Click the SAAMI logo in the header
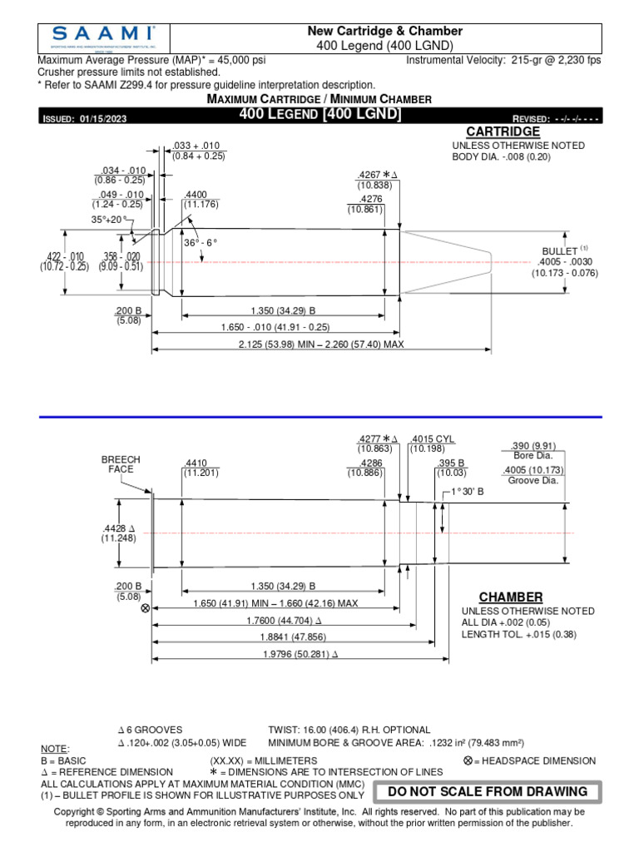(x=102, y=37)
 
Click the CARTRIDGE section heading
(x=503, y=131)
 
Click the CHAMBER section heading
(x=510, y=597)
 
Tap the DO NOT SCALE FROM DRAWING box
(x=488, y=791)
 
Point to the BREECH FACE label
(x=121, y=464)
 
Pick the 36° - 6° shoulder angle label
(x=200, y=242)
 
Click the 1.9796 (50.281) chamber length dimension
(x=290, y=654)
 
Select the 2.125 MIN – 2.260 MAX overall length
(x=320, y=344)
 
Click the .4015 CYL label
(x=433, y=439)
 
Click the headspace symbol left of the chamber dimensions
(x=146, y=609)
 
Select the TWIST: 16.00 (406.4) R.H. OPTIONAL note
(x=349, y=729)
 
